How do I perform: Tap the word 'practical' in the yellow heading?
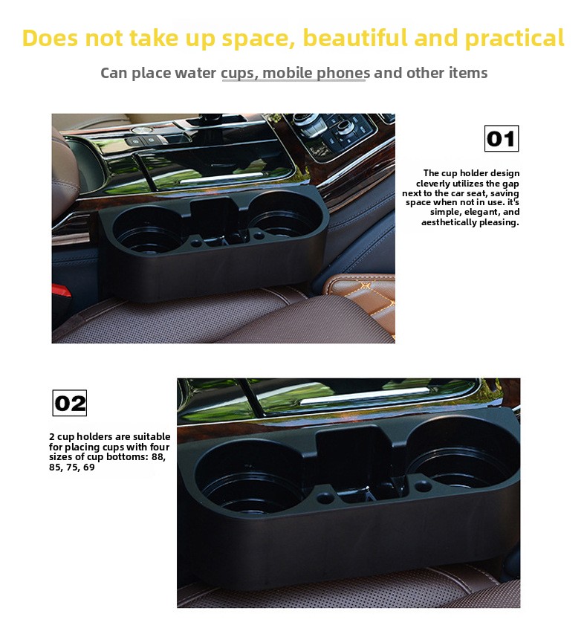(514, 39)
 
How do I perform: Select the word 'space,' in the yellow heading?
(258, 39)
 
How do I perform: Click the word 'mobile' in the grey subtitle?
(287, 73)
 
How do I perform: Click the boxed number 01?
(502, 139)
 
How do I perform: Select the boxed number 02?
(70, 403)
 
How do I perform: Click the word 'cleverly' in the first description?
(432, 184)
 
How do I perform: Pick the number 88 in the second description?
(158, 457)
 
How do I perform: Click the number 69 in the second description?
(89, 467)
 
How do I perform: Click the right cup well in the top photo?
(280, 214)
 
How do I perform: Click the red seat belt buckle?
(61, 291)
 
